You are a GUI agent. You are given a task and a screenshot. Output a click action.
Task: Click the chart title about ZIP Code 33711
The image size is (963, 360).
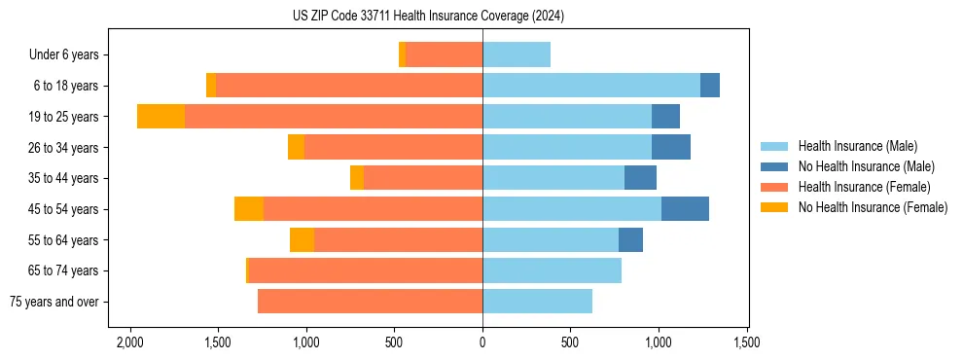pos(428,17)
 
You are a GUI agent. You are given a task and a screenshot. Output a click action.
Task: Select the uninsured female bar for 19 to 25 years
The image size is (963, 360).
pos(160,117)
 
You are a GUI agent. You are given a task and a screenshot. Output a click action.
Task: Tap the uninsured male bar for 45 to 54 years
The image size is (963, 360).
pos(685,209)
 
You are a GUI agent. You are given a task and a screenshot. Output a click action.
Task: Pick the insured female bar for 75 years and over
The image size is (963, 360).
pos(370,302)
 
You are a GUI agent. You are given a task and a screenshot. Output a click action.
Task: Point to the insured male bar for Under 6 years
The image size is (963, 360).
pos(517,55)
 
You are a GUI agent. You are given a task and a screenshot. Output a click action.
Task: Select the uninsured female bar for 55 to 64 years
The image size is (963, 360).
pos(302,240)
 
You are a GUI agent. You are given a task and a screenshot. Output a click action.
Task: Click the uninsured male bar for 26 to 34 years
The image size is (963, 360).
pos(671,148)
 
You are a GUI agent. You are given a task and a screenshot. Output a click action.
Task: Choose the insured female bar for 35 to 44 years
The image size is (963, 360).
pos(423,178)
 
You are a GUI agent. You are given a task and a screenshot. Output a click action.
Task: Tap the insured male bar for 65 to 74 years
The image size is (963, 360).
pos(552,270)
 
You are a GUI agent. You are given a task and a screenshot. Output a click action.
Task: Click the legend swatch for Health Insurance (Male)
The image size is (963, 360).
pos(774,146)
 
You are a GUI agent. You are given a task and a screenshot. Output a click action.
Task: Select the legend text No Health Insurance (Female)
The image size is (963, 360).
pos(873,207)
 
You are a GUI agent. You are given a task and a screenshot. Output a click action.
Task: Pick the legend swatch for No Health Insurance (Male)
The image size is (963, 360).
pos(774,166)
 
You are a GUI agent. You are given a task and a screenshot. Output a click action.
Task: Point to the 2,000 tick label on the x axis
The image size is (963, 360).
pos(129,343)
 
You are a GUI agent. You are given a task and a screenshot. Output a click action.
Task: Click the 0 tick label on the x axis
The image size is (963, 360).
pos(482,343)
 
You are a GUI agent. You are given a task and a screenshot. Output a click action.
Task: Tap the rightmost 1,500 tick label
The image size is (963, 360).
pos(747,343)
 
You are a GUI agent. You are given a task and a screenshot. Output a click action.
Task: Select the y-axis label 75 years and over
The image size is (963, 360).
pos(53,302)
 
